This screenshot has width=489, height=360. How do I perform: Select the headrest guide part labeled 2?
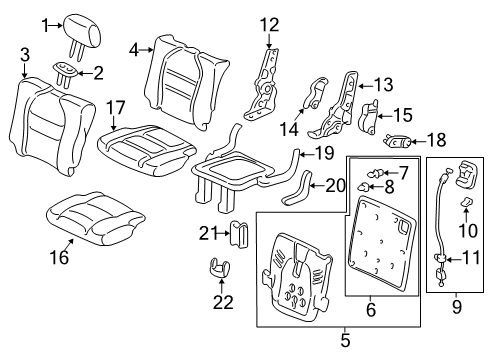point(66,74)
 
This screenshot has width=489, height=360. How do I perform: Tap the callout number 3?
point(25,55)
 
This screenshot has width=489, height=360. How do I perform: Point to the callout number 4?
point(134,50)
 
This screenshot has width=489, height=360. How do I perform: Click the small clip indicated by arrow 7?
point(375,174)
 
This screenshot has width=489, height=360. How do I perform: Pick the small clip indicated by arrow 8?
point(364,187)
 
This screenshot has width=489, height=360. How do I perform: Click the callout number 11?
point(471,258)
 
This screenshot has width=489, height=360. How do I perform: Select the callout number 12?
point(269,25)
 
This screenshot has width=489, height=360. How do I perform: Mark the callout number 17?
point(115,108)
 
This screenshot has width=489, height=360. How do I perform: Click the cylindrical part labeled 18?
point(398,141)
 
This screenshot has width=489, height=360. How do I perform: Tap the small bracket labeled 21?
point(239,234)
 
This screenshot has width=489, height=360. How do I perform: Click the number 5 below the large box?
point(345,340)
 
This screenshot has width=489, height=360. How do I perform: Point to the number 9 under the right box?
point(457,307)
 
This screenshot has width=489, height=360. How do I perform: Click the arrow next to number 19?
point(307,154)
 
